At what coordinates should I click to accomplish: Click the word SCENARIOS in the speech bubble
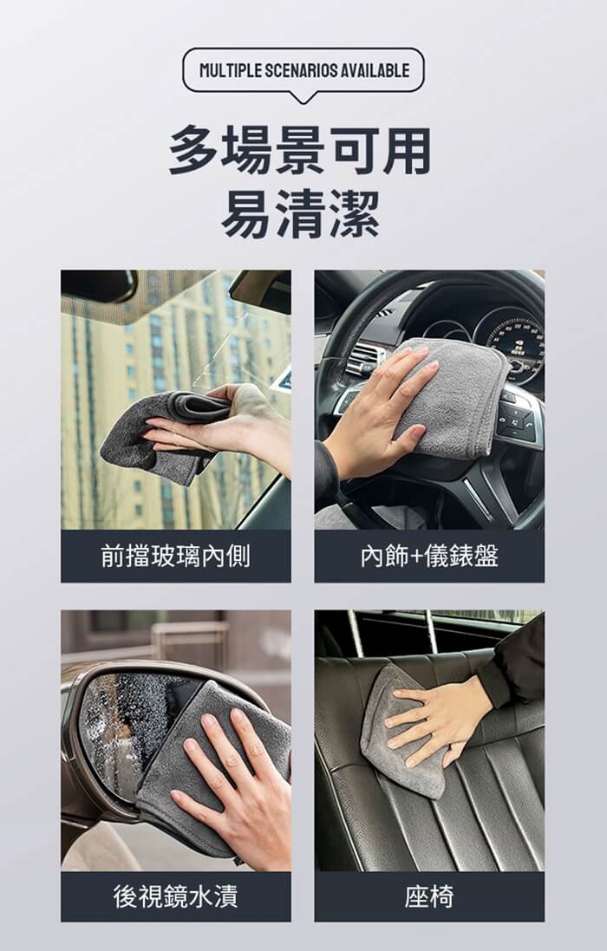pyautogui.click(x=301, y=70)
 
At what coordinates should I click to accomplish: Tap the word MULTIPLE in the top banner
pyautogui.click(x=231, y=70)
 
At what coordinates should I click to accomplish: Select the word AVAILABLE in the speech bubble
pyautogui.click(x=374, y=70)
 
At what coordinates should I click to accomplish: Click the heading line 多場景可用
pyautogui.click(x=300, y=151)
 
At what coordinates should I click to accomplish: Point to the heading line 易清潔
pyautogui.click(x=300, y=213)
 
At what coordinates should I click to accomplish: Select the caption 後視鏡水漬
pyautogui.click(x=175, y=896)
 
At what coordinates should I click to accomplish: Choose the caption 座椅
pyautogui.click(x=429, y=896)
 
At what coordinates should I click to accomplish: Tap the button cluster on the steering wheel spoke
pyautogui.click(x=515, y=419)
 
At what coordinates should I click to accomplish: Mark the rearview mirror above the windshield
pyautogui.click(x=99, y=285)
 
